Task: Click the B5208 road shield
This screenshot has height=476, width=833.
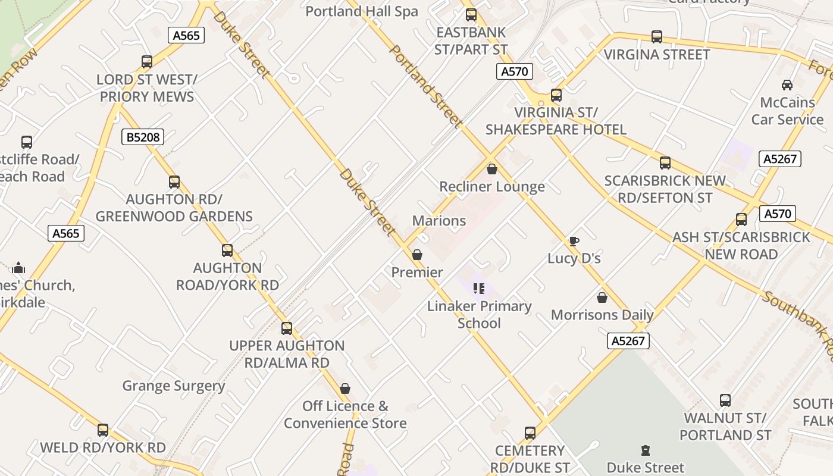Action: coord(143,137)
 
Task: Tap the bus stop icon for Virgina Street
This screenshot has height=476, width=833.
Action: coord(657,37)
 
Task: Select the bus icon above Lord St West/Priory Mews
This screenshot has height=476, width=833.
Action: coord(147,61)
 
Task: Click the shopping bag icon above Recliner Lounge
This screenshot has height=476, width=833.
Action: coord(492,169)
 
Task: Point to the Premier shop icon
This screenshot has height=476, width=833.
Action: coord(417,255)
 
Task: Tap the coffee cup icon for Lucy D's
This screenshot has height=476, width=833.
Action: coord(574,241)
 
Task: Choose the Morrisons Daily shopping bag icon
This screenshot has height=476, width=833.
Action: coord(602,297)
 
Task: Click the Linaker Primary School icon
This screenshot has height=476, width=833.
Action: coord(479,289)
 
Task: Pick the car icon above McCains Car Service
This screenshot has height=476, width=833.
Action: coord(787,85)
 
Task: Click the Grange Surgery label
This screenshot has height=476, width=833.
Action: coord(174,386)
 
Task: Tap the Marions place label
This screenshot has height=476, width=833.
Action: coord(439,221)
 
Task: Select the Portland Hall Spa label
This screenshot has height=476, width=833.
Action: coord(362,11)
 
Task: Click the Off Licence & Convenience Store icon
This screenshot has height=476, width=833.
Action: coord(345,389)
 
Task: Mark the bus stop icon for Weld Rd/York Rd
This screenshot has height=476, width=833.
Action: coord(103,430)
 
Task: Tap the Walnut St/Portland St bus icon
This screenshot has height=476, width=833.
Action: coord(725,400)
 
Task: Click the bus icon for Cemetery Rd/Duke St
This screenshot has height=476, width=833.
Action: coord(530,433)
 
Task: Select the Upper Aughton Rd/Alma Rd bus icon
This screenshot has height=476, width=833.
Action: coord(287,328)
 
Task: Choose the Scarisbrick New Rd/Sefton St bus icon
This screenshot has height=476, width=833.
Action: coord(665,163)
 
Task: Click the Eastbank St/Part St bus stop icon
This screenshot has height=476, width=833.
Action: coord(471,15)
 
